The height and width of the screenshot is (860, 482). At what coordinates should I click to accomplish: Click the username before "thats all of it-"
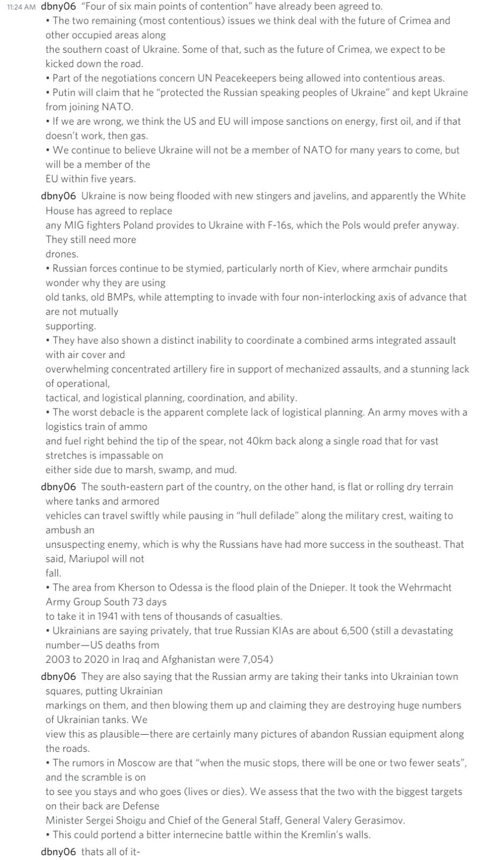coord(59,852)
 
